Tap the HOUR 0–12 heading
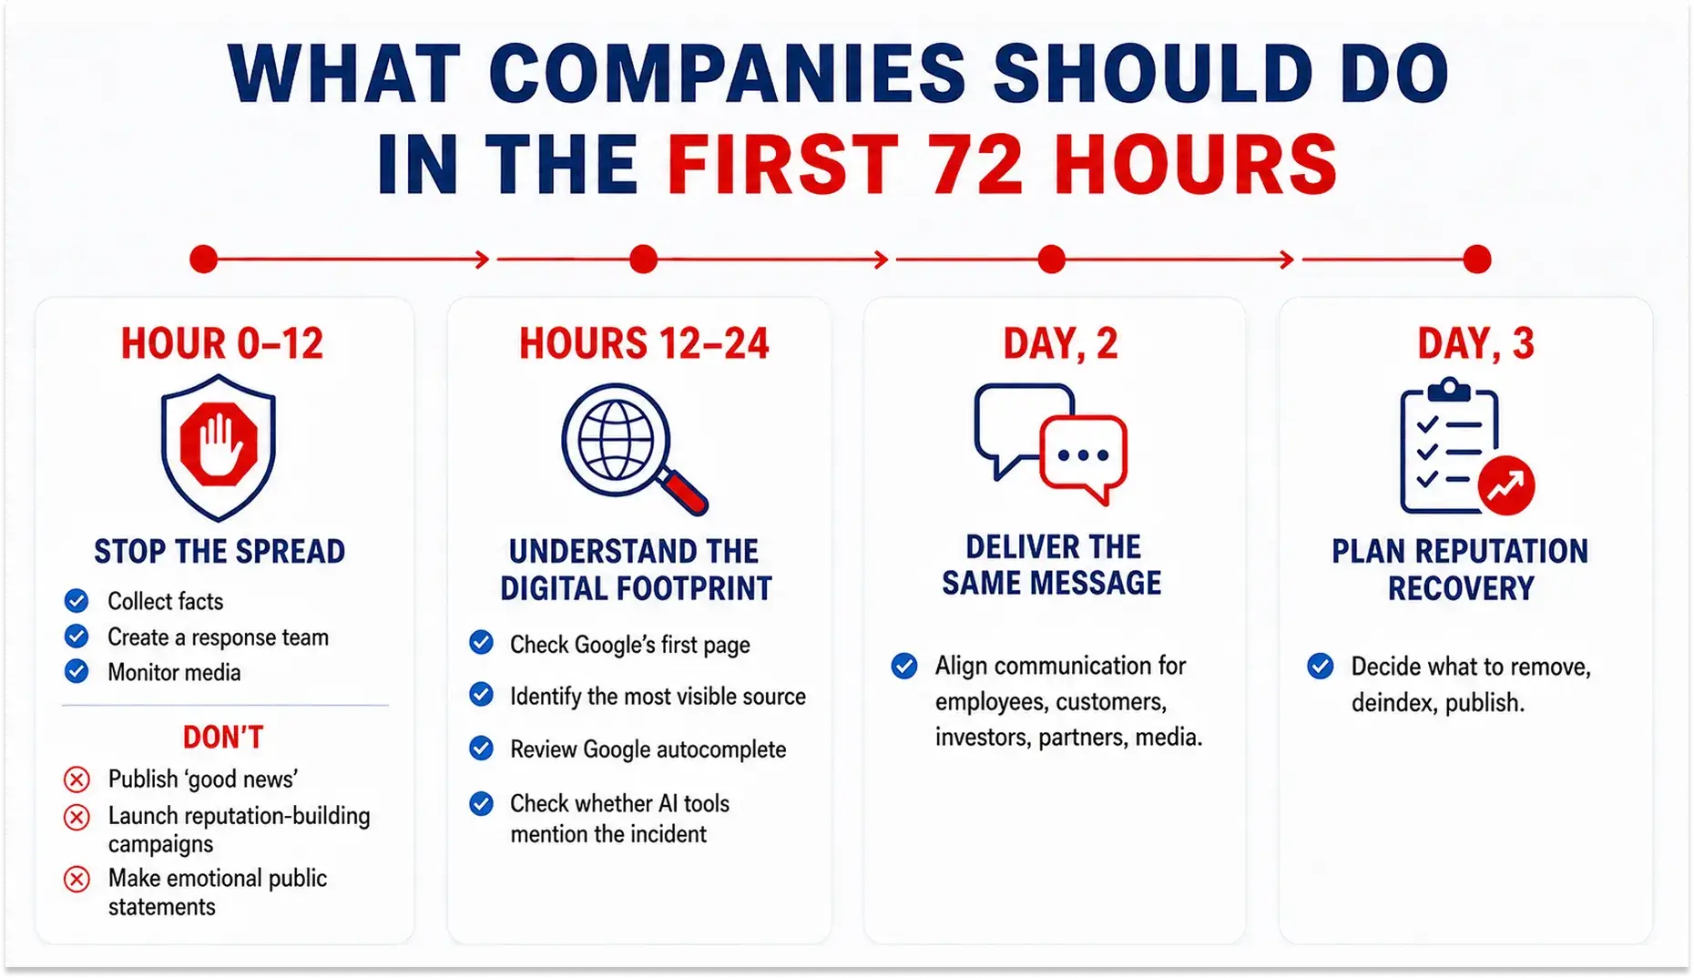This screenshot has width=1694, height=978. click(x=222, y=344)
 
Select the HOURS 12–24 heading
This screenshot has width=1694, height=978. click(x=644, y=344)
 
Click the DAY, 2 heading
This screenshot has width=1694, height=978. click(x=1060, y=344)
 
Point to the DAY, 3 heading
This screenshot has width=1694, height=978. click(x=1475, y=344)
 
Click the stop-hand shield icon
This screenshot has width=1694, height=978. click(x=219, y=447)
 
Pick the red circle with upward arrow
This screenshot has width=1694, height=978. click(x=1506, y=484)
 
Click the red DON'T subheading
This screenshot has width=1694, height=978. click(x=223, y=737)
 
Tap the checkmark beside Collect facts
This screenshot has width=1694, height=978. click(x=77, y=601)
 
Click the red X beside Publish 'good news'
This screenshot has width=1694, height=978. click(x=77, y=779)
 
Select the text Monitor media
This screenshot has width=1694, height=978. click(x=174, y=673)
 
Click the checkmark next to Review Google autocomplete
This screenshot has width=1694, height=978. click(x=482, y=749)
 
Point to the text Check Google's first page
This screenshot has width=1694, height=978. click(x=630, y=646)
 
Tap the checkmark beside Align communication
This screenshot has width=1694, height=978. click(x=904, y=667)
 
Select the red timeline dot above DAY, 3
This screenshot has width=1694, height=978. click(x=1477, y=260)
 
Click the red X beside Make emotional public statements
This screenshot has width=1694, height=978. click(x=77, y=880)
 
